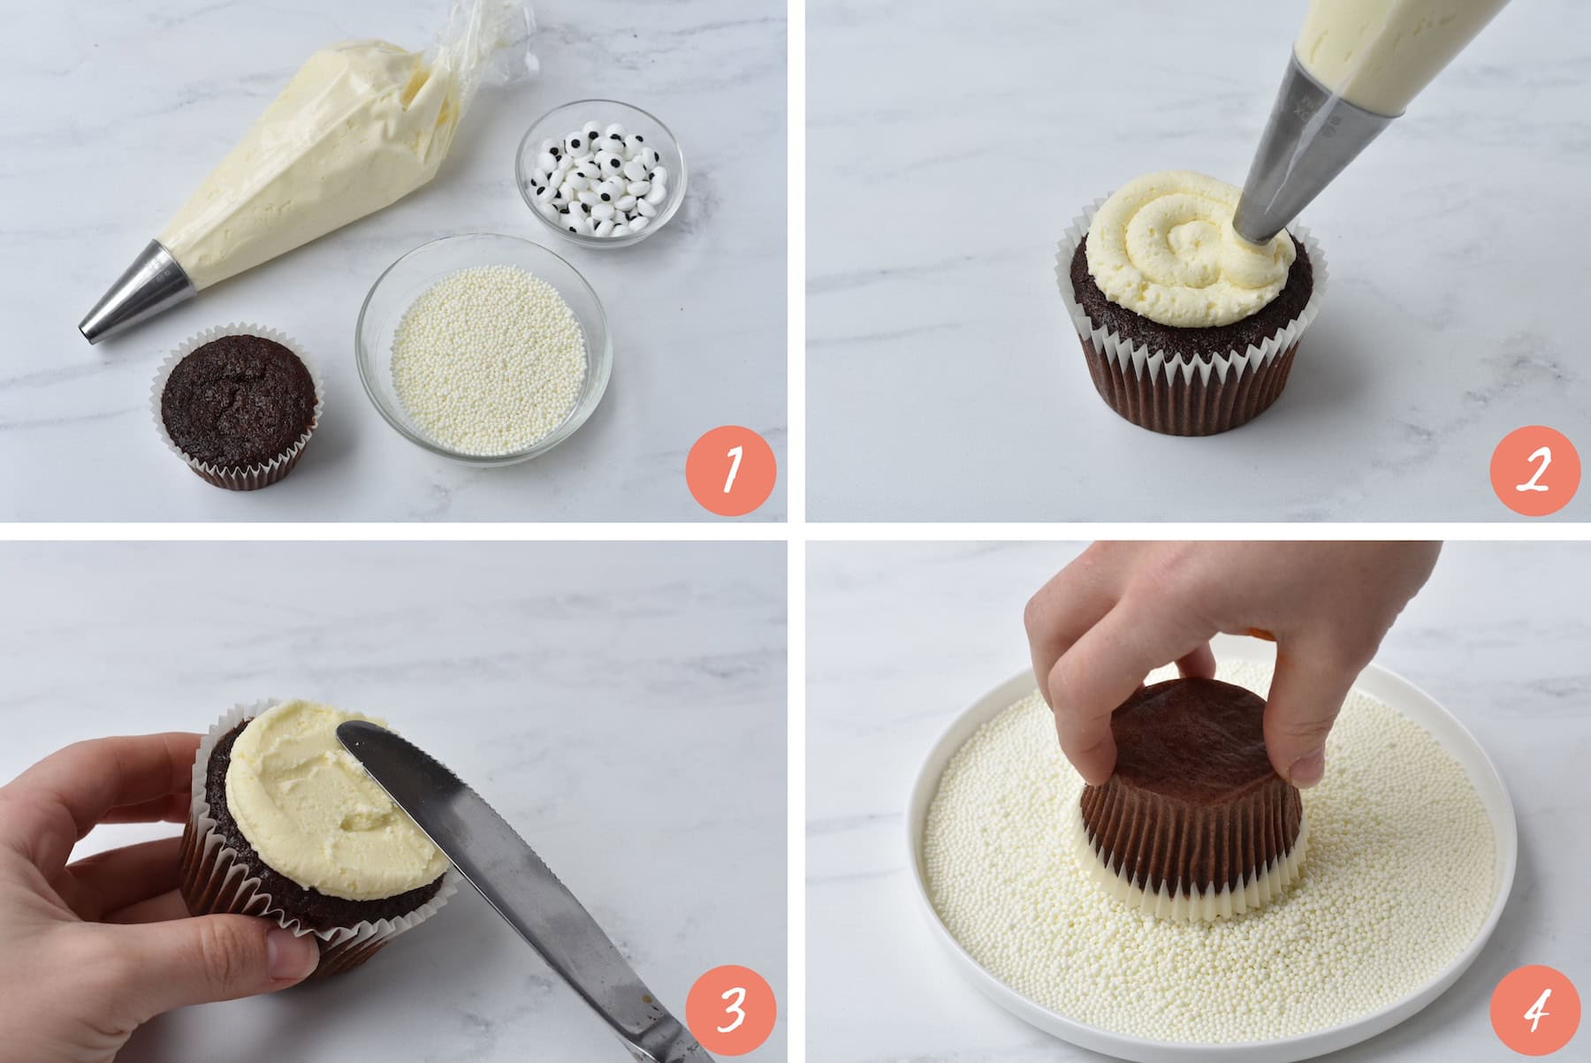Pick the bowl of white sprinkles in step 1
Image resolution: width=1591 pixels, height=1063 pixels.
(x=483, y=345)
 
